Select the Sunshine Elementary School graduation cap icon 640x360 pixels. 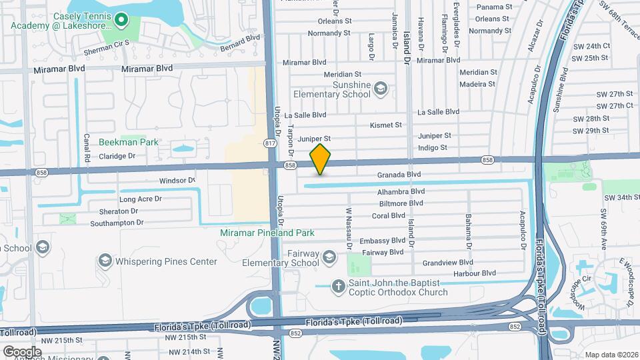pyautogui.click(x=380, y=88)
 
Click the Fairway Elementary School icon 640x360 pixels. pyautogui.click(x=329, y=257)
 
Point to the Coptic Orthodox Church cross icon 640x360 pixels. pyautogui.click(x=339, y=287)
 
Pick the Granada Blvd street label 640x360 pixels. pyautogui.click(x=399, y=175)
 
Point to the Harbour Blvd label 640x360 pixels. pyautogui.click(x=473, y=273)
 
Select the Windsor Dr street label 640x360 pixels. pyautogui.click(x=177, y=181)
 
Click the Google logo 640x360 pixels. pyautogui.click(x=22, y=351)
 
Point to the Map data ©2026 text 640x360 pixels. pyautogui.click(x=611, y=355)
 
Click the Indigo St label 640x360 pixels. pyautogui.click(x=432, y=147)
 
